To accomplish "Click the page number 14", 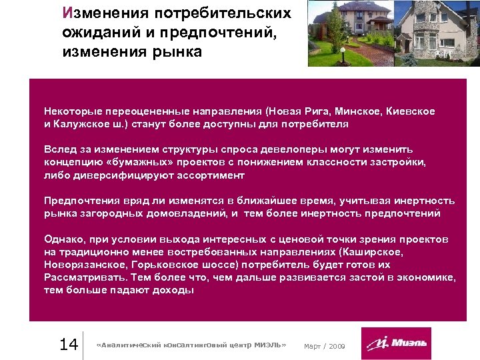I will coord(69,344).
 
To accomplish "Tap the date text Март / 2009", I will coord(325,345).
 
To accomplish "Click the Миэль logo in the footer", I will coord(396,344).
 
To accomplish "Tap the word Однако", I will coord(63,239).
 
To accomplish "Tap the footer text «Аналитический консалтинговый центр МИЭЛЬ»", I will coord(191,345).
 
